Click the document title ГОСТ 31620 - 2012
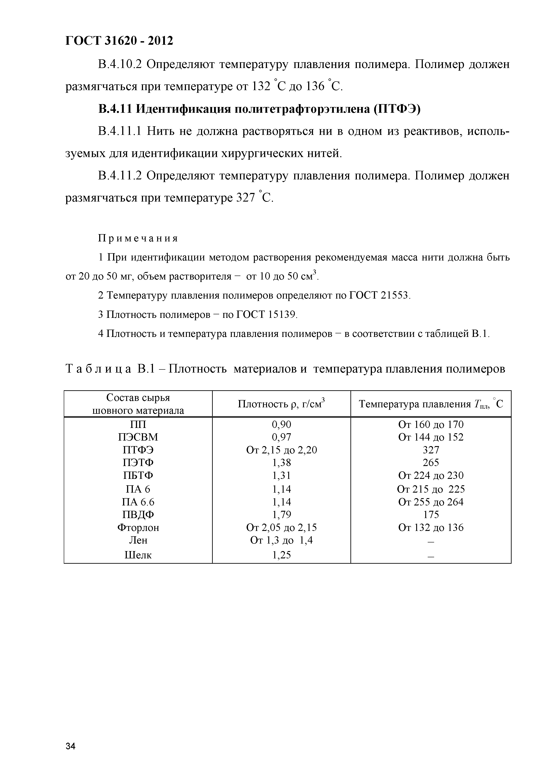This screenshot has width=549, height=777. coord(119,41)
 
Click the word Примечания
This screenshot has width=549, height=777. coord(138,239)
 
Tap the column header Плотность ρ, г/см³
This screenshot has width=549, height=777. coord(281,404)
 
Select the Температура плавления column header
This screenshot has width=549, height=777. coord(431,404)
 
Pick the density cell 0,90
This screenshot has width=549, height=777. coord(281,424)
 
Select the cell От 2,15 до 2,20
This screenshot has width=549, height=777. coord(281,450)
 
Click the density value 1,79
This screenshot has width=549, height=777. coord(281,515)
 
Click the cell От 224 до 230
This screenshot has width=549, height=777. coord(431,476)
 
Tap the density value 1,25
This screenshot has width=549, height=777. coord(281,555)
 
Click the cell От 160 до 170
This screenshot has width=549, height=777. coord(431,424)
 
